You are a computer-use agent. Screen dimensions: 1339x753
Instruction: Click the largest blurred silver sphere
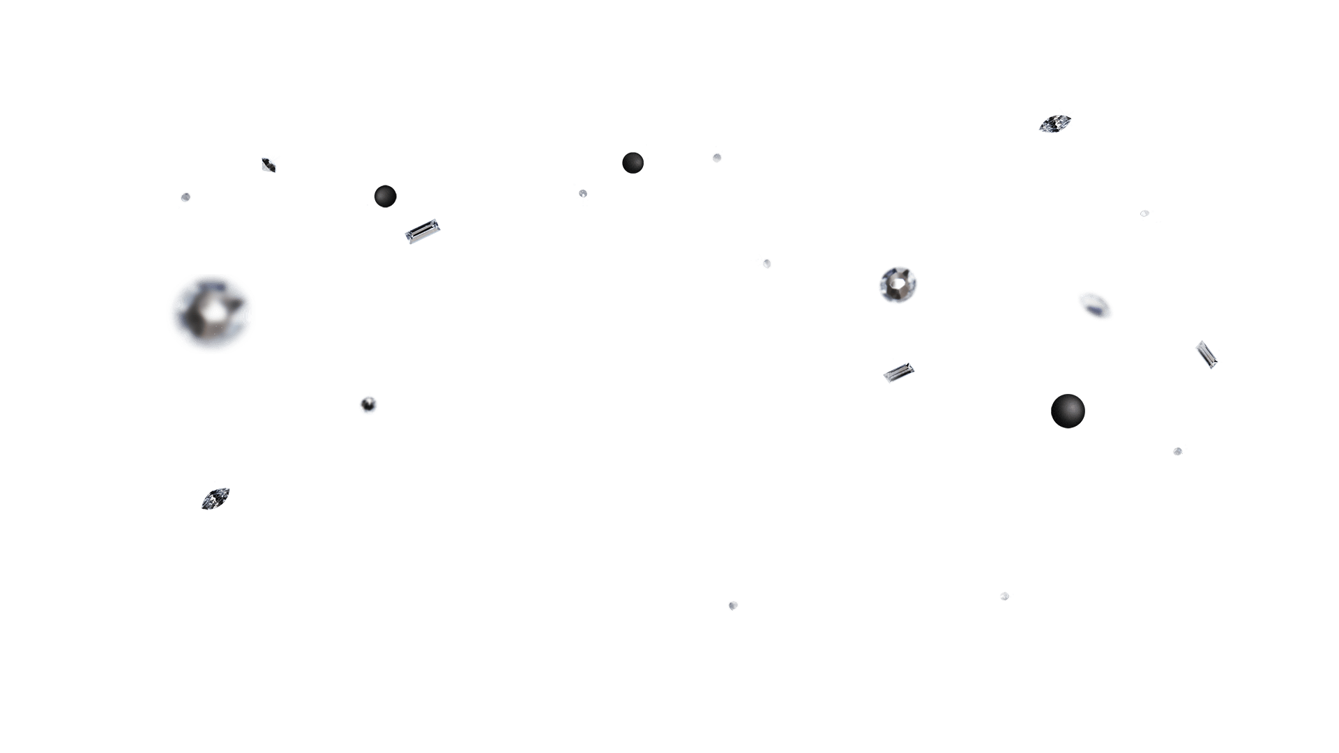[211, 314]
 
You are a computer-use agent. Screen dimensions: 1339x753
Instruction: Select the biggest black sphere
[1068, 411]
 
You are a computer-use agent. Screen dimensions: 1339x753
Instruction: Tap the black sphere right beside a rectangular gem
[385, 196]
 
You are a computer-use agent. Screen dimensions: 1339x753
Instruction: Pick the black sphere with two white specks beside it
[633, 162]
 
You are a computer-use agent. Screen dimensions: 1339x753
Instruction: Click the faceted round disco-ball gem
[898, 284]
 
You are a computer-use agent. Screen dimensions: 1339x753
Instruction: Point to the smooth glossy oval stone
[1095, 305]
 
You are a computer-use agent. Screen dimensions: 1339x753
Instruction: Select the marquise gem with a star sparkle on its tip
[1054, 123]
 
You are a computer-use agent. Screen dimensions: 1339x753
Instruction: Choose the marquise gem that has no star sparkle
[215, 498]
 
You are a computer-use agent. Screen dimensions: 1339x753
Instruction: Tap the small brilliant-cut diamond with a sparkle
[270, 164]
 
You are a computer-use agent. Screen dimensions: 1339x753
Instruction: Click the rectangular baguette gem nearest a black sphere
[422, 231]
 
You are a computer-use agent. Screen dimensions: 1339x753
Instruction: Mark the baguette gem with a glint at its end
[1206, 354]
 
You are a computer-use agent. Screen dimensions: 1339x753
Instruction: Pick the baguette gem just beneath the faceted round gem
[898, 372]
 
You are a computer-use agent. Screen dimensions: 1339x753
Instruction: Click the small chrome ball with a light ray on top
[368, 404]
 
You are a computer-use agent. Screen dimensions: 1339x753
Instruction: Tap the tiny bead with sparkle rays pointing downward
[583, 195]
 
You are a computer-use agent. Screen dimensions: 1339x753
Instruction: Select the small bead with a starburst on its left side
[765, 263]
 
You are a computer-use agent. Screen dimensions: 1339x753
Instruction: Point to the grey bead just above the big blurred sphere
[185, 198]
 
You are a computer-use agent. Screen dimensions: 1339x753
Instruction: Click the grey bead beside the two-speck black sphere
[717, 157]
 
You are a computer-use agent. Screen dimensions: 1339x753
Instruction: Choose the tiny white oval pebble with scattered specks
[1144, 213]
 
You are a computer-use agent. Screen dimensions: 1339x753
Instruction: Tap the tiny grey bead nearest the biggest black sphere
[1178, 451]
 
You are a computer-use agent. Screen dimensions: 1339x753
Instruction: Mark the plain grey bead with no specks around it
[733, 606]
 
